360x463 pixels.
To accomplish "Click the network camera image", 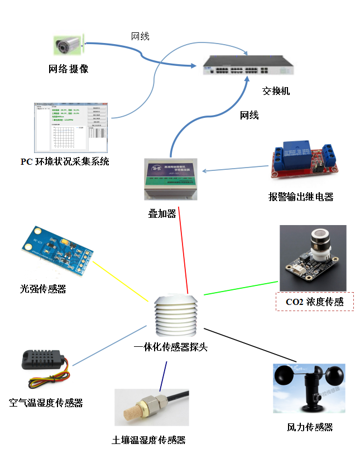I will tap(69, 43).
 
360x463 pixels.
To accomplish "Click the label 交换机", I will tap(276, 90).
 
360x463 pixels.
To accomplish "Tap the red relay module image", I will tap(302, 156).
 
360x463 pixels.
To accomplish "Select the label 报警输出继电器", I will tap(301, 197).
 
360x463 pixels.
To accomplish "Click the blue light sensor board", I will tap(57, 252).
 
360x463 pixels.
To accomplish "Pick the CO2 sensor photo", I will tap(313, 259).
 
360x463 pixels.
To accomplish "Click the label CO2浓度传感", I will tap(315, 302).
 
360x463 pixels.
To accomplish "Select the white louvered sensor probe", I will tap(176, 316).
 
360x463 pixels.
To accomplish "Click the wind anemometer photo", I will tap(309, 388).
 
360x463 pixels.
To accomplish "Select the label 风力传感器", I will tap(310, 427).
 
